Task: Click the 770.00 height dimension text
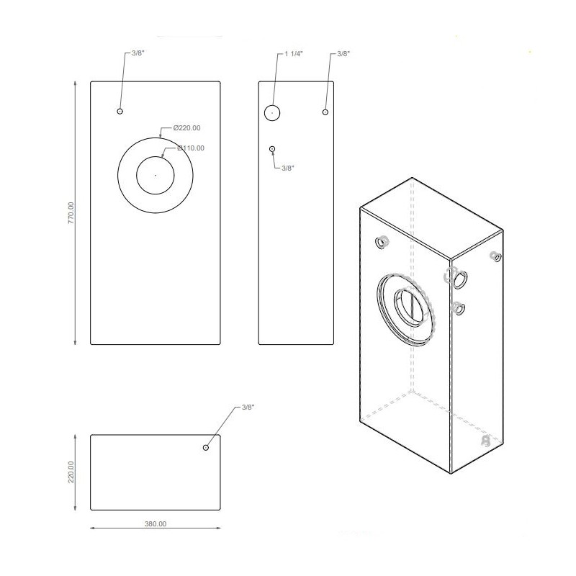pos(71,213)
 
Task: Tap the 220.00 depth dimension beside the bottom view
pos(71,472)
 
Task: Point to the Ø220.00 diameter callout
pos(186,127)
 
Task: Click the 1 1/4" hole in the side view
pos(271,112)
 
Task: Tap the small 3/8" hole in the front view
pos(120,111)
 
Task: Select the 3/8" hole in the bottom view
pos(206,448)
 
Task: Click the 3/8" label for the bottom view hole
pos(248,408)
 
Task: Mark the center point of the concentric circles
pos(155,174)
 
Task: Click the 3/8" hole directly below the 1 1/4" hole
pos(272,148)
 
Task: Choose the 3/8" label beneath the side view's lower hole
pos(287,167)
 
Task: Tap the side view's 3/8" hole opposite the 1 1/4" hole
pos(325,112)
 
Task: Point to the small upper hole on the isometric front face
pos(381,243)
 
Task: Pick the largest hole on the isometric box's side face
pos(457,276)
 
